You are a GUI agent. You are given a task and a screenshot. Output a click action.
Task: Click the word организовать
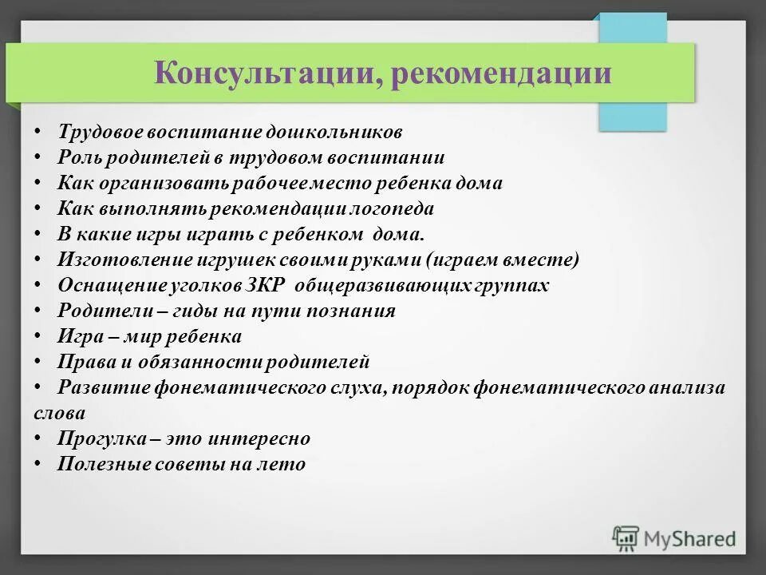point(167,183)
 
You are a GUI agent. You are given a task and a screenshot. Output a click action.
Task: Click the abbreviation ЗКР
point(273,286)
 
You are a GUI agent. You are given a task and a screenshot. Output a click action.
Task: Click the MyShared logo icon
point(626,538)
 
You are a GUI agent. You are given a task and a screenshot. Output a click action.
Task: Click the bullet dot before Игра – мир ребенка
point(38,336)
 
